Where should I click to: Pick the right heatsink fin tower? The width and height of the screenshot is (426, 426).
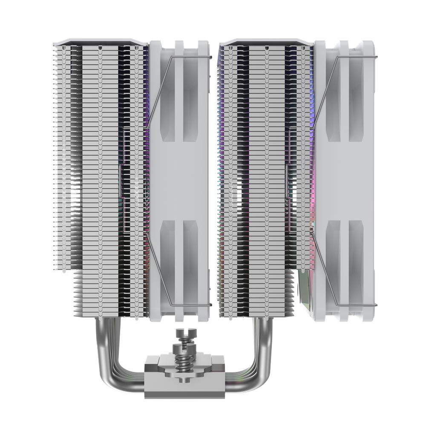tap(264, 170)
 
